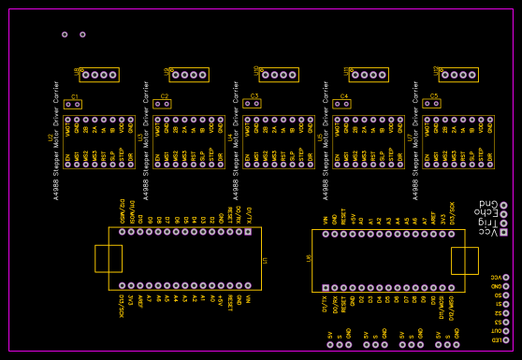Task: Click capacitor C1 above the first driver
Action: click(73, 105)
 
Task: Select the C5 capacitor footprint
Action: click(431, 104)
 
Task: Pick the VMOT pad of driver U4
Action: click(248, 120)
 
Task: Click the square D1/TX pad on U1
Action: click(248, 231)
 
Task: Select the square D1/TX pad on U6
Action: click(326, 288)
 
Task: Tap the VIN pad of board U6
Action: click(326, 234)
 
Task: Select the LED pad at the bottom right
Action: click(506, 339)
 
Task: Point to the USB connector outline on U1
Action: click(108, 259)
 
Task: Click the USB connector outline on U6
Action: click(465, 261)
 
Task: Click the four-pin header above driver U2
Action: click(99, 75)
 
